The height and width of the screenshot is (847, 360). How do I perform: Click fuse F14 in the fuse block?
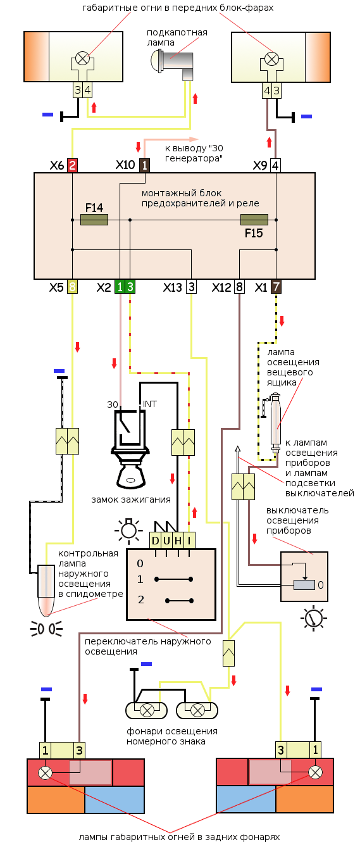tap(94, 220)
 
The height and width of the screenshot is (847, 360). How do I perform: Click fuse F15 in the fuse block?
tap(254, 220)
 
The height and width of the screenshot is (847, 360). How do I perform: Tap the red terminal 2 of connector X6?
tap(72, 165)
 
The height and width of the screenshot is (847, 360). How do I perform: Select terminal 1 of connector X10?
tap(144, 165)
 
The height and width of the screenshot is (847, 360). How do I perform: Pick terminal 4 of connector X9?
tap(275, 165)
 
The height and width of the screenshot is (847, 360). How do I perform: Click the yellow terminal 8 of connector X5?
tap(72, 287)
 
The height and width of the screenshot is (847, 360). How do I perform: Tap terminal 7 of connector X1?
tap(276, 287)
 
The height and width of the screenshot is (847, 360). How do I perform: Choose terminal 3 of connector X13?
tap(192, 287)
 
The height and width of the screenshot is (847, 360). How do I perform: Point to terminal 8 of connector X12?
tap(239, 287)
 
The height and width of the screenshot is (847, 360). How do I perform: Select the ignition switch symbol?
tap(130, 446)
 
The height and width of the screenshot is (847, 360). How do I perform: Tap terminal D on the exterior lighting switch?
tap(155, 541)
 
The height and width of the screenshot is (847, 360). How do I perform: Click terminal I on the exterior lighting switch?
tap(189, 541)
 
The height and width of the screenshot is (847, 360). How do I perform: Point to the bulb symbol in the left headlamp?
tap(82, 59)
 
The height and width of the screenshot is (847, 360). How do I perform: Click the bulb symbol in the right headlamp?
tap(271, 59)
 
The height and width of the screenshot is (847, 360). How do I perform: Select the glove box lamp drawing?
tap(275, 423)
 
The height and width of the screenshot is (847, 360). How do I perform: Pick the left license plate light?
tap(147, 710)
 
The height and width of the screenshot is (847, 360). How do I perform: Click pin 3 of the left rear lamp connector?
tap(79, 750)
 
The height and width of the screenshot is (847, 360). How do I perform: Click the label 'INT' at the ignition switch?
tap(149, 404)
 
